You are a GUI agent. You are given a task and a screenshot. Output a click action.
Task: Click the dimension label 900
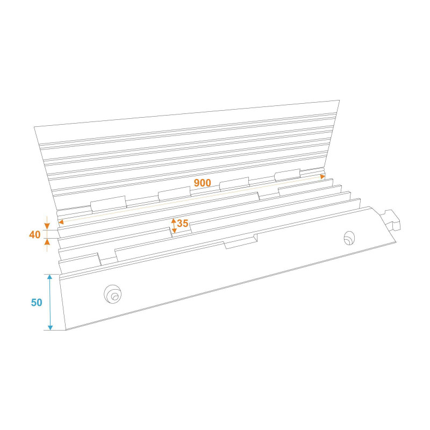click(203, 183)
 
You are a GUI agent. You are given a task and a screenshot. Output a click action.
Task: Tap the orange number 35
click(183, 223)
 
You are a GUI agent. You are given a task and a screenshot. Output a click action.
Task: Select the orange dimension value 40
click(35, 235)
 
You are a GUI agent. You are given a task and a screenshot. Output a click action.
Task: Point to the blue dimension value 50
click(37, 303)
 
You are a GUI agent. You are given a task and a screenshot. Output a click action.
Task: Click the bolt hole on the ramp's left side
click(112, 294)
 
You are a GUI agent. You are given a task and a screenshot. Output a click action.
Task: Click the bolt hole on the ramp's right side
click(349, 238)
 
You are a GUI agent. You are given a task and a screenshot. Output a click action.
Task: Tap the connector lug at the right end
click(392, 220)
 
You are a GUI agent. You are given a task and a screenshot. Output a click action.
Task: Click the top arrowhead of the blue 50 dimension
click(49, 277)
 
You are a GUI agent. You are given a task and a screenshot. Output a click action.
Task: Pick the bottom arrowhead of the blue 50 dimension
click(50, 327)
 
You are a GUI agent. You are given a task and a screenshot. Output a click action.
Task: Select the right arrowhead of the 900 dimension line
click(323, 177)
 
